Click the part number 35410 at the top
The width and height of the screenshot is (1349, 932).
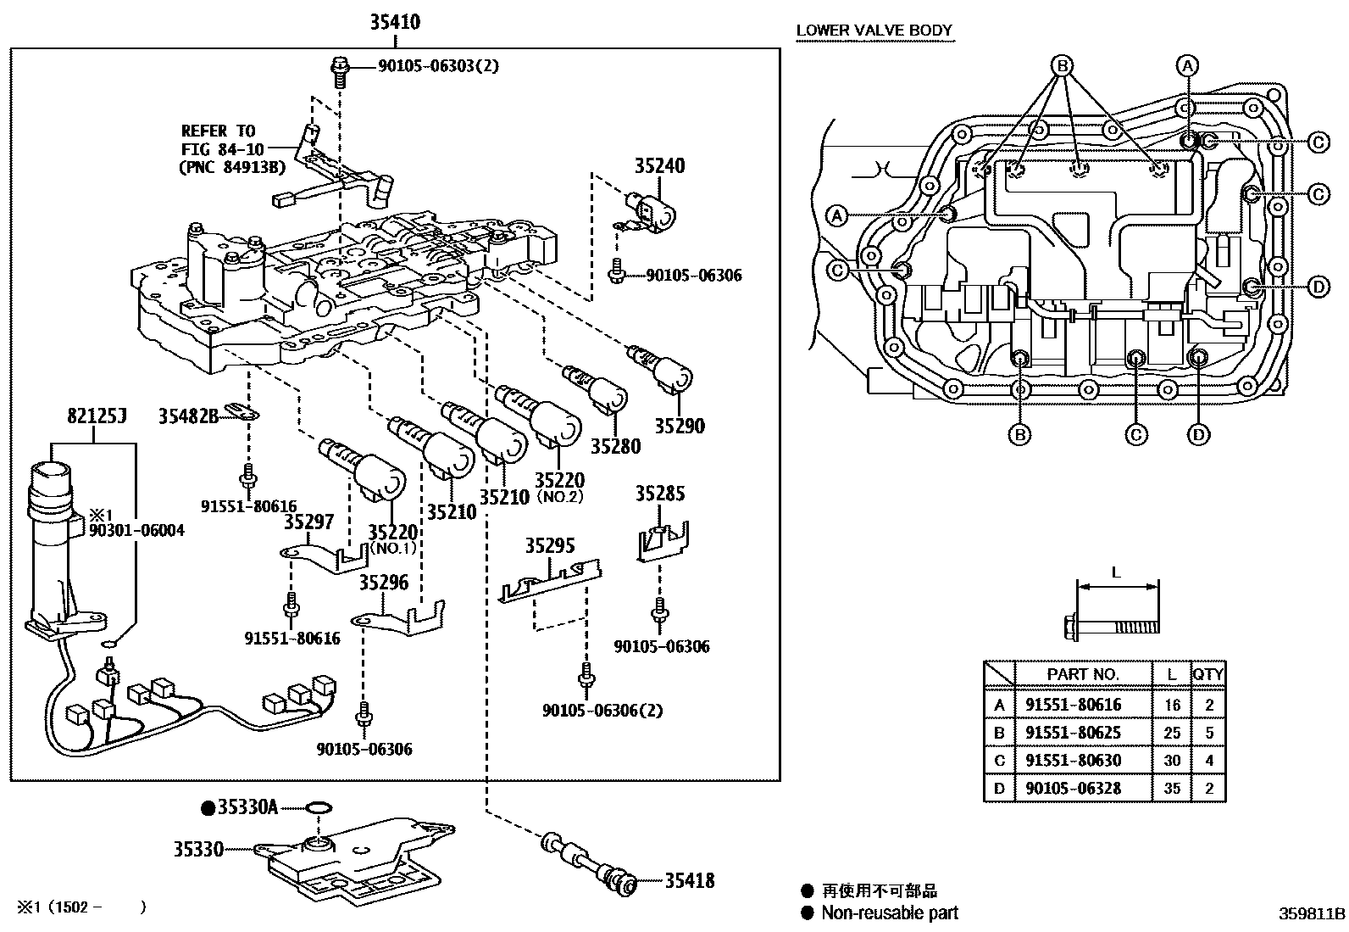click(x=395, y=22)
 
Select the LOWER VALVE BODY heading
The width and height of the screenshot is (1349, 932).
click(x=874, y=31)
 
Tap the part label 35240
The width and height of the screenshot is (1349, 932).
click(x=659, y=165)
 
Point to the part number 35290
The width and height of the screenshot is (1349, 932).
click(x=680, y=427)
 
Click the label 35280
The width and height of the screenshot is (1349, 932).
click(x=615, y=446)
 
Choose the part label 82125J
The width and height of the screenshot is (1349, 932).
click(x=97, y=416)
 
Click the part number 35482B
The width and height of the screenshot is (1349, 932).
click(x=188, y=416)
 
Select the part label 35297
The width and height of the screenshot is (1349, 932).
click(x=309, y=522)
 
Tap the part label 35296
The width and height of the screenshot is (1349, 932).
click(x=384, y=583)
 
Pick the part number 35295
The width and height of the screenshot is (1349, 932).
click(x=550, y=545)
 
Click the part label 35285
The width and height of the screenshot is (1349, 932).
click(x=660, y=494)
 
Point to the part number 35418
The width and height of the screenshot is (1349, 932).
click(x=690, y=881)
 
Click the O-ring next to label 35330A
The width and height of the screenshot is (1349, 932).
click(x=319, y=807)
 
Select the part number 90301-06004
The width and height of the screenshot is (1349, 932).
click(x=136, y=531)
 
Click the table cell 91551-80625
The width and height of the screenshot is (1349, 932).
click(x=1073, y=733)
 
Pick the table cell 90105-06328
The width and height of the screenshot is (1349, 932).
click(x=1073, y=788)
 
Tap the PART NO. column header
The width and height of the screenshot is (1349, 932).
click(x=1083, y=674)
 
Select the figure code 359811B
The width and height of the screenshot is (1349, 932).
click(x=1312, y=914)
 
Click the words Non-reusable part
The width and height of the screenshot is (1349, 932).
click(x=890, y=912)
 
